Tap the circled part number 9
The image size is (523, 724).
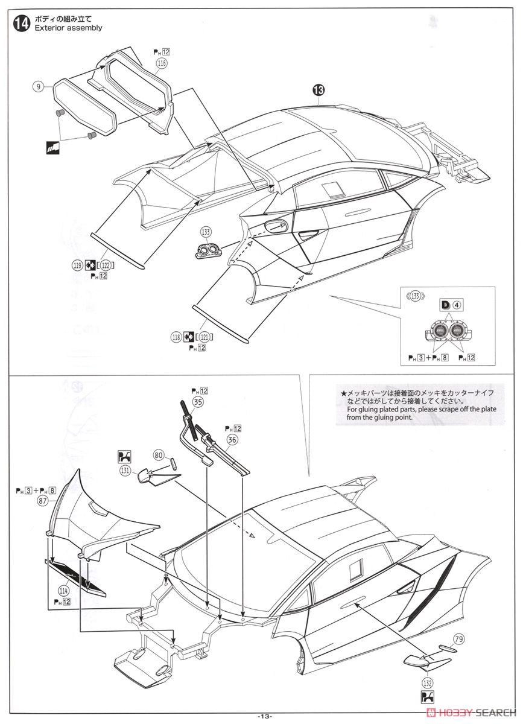coord(38,87)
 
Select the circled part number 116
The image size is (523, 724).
coord(160,62)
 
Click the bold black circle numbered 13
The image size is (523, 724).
coord(318,90)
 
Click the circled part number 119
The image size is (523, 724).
coord(77,264)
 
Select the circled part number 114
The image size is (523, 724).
coord(63,590)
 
